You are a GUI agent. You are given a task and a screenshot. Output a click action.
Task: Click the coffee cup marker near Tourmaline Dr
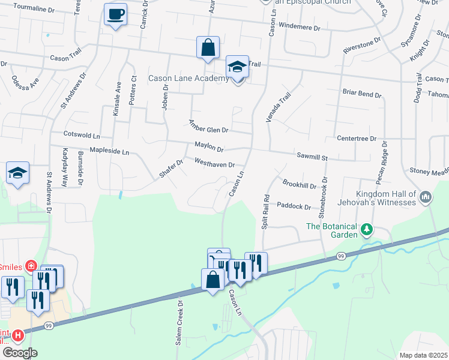click(115, 14)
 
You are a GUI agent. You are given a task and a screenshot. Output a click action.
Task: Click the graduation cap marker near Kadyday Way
click(18, 173)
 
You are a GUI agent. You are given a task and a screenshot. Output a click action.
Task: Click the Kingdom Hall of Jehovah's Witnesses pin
click(426, 197)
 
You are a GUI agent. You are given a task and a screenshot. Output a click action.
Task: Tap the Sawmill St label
click(311, 157)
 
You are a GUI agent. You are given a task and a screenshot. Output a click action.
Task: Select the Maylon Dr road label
click(209, 146)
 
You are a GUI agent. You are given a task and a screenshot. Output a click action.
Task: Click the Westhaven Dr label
click(214, 162)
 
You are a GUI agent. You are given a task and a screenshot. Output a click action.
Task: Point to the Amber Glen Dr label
click(209, 126)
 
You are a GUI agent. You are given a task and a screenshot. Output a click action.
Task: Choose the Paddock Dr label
click(294, 206)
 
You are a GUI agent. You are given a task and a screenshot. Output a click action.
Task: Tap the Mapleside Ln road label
click(109, 152)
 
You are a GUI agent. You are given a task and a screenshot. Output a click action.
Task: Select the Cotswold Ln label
click(82, 136)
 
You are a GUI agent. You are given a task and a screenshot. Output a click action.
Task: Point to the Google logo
click(20, 353)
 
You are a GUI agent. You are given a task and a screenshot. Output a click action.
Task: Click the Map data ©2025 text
click(423, 355)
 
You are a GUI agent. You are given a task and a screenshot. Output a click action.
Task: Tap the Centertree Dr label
click(356, 139)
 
